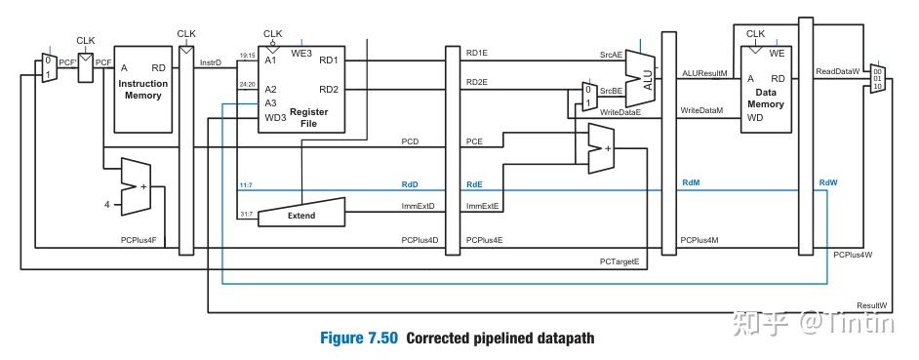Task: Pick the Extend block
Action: [300, 212]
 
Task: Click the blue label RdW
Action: [828, 182]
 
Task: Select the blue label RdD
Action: [410, 182]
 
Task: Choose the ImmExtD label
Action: [418, 206]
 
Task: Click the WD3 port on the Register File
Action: [275, 117]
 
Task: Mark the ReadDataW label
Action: [838, 72]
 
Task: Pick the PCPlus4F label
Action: [138, 240]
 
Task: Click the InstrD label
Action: [211, 62]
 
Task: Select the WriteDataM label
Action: [701, 111]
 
